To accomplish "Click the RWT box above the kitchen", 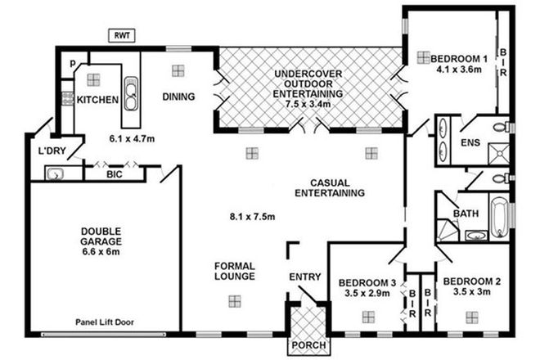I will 122,35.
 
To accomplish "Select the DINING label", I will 178,97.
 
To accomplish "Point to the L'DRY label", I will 52,151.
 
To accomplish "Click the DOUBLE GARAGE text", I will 101,237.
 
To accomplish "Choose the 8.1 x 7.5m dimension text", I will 251,217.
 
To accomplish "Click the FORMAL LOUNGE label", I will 235,271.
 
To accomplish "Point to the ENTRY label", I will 305,277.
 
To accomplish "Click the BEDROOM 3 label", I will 367,288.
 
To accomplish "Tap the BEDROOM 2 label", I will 471,287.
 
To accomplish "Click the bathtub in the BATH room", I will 498,217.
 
